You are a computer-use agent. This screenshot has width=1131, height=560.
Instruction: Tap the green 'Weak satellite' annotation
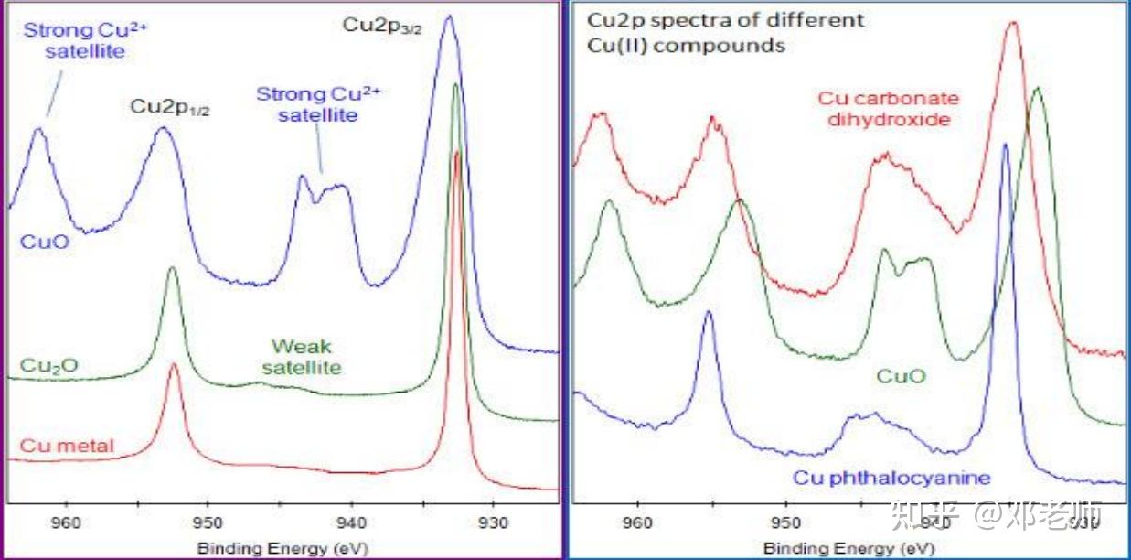(302, 358)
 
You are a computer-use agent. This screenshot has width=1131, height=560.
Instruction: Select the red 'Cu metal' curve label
(67, 447)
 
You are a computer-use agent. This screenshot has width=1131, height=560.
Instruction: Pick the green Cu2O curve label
(48, 366)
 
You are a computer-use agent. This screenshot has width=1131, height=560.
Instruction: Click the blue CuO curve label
(44, 242)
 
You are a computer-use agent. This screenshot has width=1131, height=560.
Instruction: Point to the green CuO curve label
(901, 376)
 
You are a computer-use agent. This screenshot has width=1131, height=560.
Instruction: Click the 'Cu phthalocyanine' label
(891, 478)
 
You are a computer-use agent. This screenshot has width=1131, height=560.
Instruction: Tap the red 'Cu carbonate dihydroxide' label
(888, 109)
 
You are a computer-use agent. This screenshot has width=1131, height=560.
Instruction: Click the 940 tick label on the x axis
(351, 524)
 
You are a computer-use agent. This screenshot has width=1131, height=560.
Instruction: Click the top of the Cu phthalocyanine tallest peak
(1006, 144)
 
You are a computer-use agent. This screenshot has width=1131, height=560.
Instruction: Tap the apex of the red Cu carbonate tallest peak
(1011, 23)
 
